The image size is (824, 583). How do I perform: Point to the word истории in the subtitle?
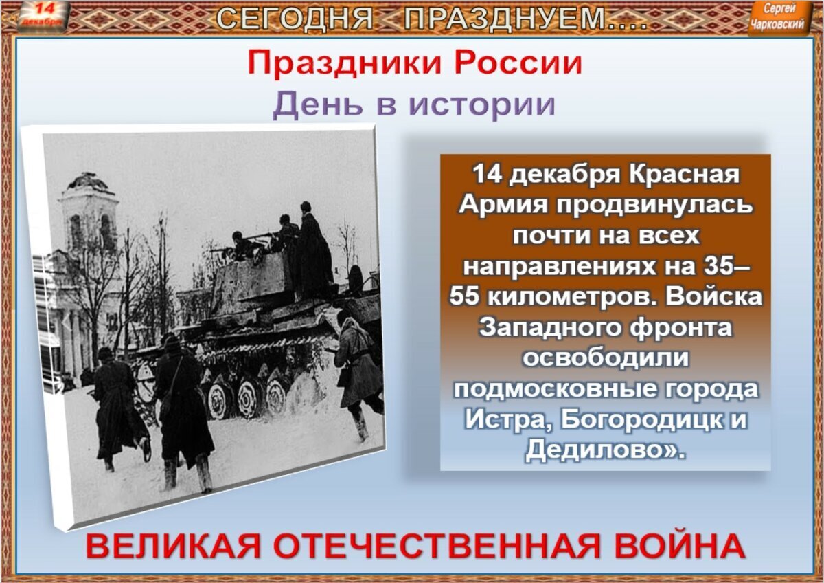[481, 104]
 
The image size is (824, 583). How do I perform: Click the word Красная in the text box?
[683, 174]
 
